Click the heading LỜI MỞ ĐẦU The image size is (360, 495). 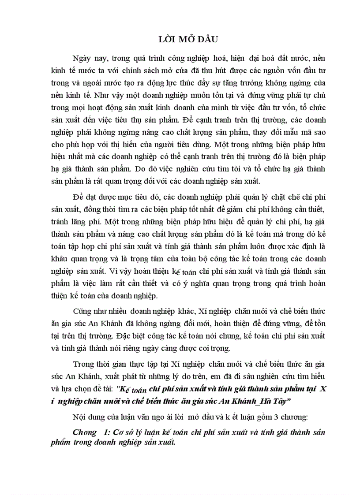(180, 39)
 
